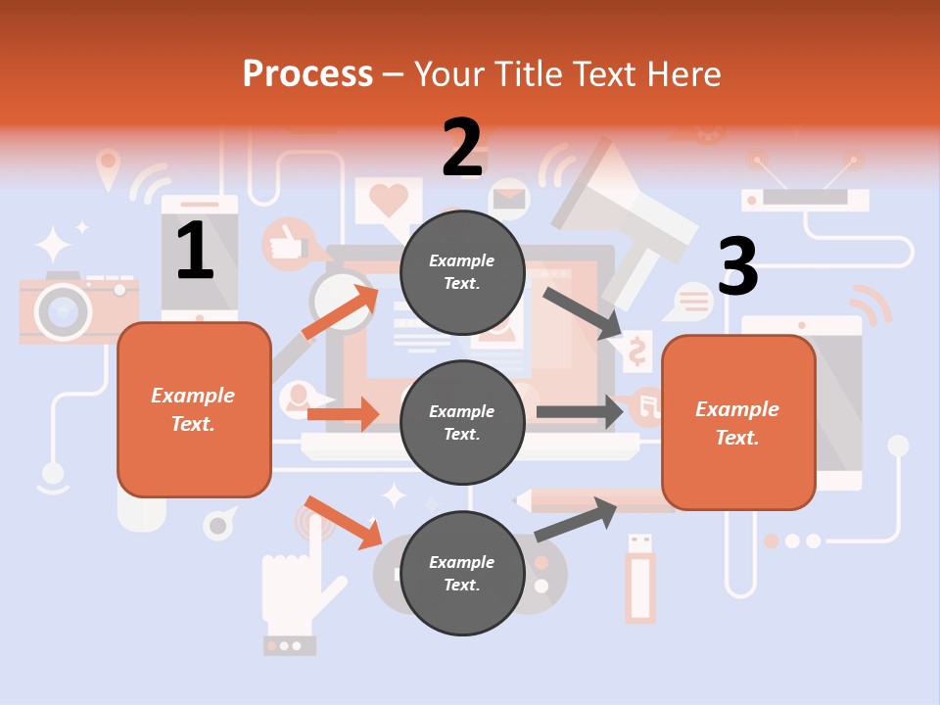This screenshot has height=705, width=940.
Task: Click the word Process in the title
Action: pyautogui.click(x=307, y=73)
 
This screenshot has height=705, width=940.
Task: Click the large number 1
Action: pyautogui.click(x=195, y=251)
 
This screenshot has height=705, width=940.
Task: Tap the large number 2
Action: pyautogui.click(x=462, y=148)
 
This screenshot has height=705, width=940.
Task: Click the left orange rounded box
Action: pyautogui.click(x=194, y=409)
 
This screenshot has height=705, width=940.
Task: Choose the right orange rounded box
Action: pyautogui.click(x=738, y=423)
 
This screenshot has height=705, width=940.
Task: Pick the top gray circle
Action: pyautogui.click(x=462, y=272)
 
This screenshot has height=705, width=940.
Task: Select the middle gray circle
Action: pyautogui.click(x=462, y=423)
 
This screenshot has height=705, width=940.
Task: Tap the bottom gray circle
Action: pyautogui.click(x=462, y=574)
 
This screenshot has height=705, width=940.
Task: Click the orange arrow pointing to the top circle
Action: pyautogui.click(x=340, y=311)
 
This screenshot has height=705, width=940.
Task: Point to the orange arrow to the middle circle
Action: pyautogui.click(x=343, y=414)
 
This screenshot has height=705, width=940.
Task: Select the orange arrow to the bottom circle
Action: pyautogui.click(x=343, y=522)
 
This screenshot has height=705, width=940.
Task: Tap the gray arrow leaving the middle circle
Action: pyautogui.click(x=580, y=411)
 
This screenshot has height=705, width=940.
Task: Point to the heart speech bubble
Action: pyautogui.click(x=389, y=201)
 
